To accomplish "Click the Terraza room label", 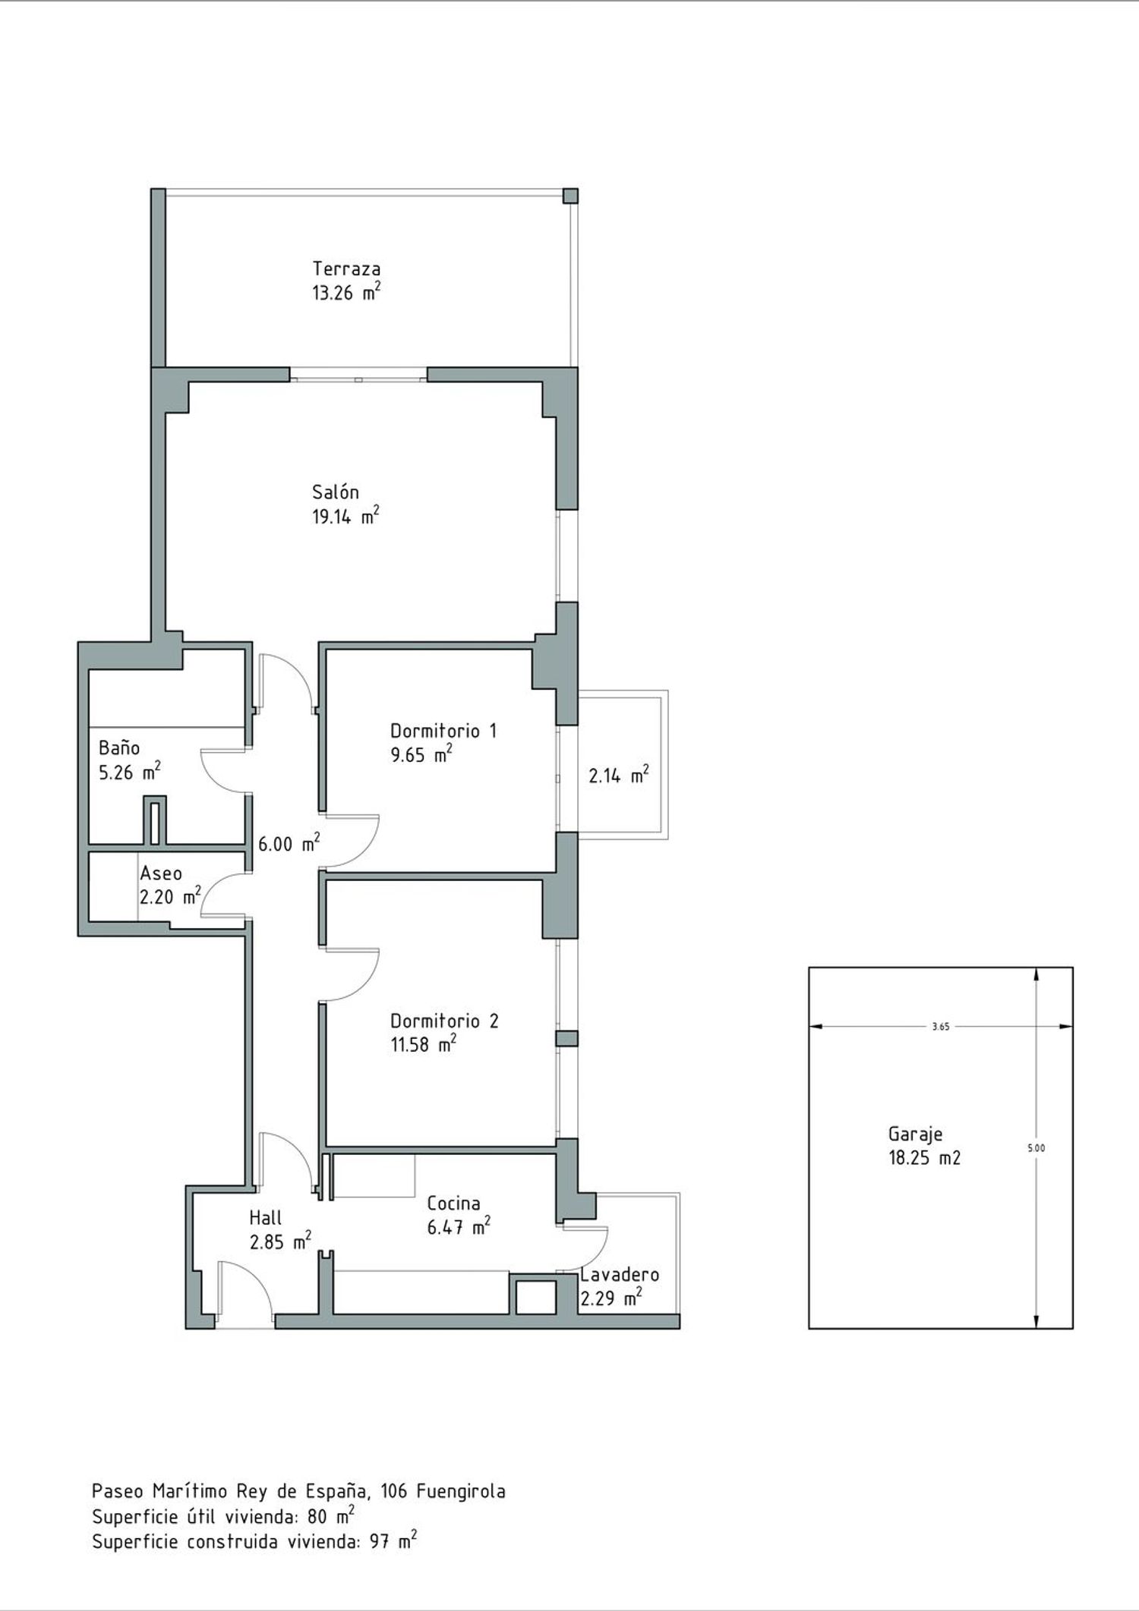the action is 346,269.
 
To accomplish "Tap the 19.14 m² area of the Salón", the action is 345,517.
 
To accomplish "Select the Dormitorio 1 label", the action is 443,731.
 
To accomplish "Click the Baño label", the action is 119,748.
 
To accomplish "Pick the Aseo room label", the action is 161,873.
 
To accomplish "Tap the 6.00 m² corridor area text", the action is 289,843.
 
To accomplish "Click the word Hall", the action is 266,1218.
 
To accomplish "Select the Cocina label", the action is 453,1203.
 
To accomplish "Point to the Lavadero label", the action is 620,1274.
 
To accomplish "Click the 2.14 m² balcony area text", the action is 619,775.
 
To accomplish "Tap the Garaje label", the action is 915,1134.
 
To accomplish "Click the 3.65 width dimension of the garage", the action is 941,1027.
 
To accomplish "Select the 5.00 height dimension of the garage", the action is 1036,1148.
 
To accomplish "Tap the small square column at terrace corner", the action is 570,196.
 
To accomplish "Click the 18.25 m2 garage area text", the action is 924,1158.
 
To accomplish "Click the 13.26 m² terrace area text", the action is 346,292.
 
